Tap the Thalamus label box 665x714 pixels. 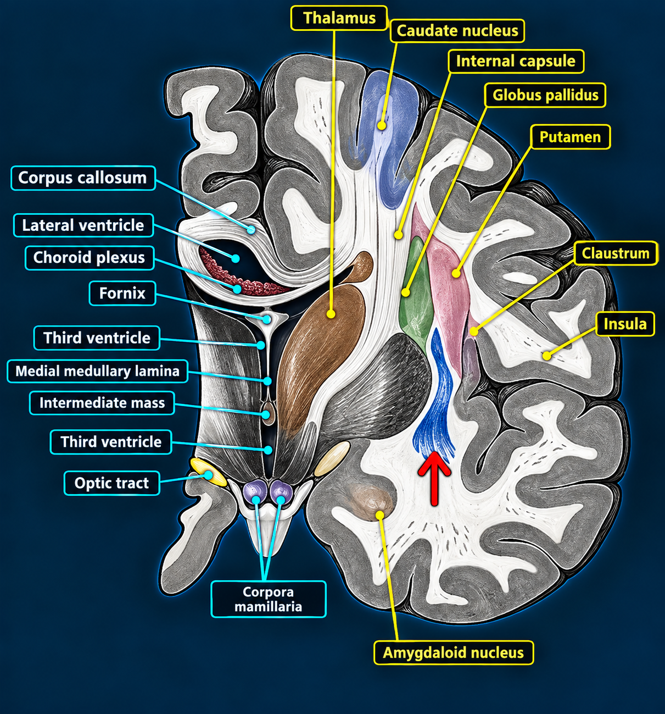[x=339, y=18]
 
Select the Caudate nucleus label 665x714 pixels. [x=457, y=31]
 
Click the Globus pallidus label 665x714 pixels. [x=545, y=95]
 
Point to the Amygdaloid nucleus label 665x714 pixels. [x=454, y=652]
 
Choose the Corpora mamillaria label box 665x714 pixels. [x=269, y=599]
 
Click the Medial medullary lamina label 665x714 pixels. [x=97, y=371]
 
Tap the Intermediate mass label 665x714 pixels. [x=102, y=403]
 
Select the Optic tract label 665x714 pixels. [x=111, y=483]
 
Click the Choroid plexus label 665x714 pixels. [x=90, y=258]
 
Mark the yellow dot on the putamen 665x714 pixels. [x=456, y=274]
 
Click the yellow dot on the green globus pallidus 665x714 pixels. [x=406, y=292]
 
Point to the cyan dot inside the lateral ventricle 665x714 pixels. [x=236, y=258]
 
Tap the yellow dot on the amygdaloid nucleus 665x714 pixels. [x=380, y=515]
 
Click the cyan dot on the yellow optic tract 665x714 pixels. [x=208, y=475]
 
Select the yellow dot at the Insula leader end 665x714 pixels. [x=546, y=356]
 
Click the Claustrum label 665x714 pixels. [x=616, y=253]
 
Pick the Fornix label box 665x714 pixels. [x=122, y=294]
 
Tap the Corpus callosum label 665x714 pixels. [x=83, y=178]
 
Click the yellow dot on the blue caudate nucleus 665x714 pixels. [x=382, y=125]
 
